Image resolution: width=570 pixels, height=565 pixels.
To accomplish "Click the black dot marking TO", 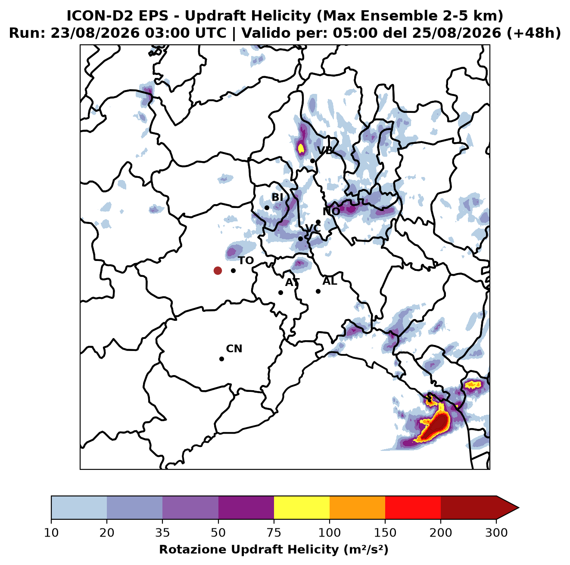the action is [233, 270].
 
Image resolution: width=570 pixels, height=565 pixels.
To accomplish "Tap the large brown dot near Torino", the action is [218, 270].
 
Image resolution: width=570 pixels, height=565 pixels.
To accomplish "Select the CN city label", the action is [234, 349].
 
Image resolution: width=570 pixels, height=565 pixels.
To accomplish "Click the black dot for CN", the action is [221, 359].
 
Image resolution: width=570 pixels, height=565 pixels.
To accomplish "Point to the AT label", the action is [292, 282].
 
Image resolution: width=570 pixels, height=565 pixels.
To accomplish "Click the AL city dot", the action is [318, 291].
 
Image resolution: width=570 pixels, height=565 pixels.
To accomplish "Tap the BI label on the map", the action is [277, 197].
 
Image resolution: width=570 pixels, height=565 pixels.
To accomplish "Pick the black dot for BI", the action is [267, 208].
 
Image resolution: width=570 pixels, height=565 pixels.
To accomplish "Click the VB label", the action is [325, 150].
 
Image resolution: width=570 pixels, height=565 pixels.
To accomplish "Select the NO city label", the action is [331, 211].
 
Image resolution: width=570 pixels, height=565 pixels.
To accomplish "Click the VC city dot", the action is [301, 239].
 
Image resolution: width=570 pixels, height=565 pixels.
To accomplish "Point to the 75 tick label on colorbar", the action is [274, 532].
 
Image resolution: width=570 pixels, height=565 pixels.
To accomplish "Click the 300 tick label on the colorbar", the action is [496, 532].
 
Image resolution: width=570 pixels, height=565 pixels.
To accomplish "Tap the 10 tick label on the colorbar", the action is [51, 532].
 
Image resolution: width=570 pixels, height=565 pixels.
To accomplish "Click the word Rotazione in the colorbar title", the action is [193, 549].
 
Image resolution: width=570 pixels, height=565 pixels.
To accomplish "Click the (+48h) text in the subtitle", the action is [534, 33].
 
